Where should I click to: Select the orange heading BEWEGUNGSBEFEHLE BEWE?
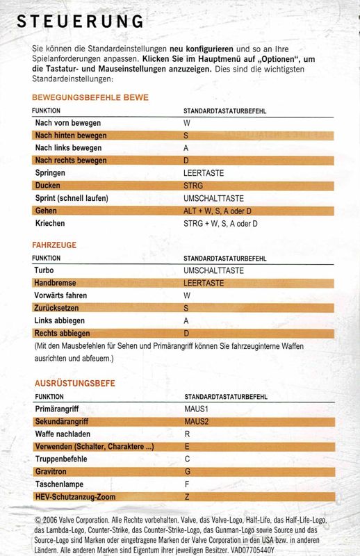tap(90, 97)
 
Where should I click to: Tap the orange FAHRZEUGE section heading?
tap(54, 245)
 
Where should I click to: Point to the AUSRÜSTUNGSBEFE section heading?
tap(75, 383)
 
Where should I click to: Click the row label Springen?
tap(51, 173)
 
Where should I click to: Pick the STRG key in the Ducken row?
tap(193, 186)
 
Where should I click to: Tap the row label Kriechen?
tap(51, 223)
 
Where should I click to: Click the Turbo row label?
tap(45, 270)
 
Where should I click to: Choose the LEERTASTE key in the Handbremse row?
tap(204, 283)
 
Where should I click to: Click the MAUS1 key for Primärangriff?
tap(195, 409)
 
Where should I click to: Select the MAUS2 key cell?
tap(197, 421)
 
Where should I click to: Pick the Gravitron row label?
tap(53, 472)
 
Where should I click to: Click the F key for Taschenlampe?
tap(186, 484)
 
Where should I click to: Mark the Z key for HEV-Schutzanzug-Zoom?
tap(186, 497)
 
